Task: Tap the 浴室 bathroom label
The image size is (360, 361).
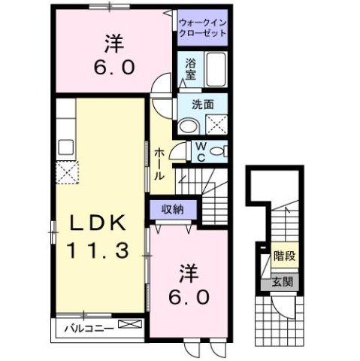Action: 190,70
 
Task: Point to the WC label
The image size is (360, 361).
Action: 202,152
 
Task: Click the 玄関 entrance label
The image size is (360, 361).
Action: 283,283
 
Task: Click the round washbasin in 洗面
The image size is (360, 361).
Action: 189,125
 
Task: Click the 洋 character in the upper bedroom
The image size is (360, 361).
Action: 114,43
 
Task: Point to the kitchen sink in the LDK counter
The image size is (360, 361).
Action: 65,146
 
